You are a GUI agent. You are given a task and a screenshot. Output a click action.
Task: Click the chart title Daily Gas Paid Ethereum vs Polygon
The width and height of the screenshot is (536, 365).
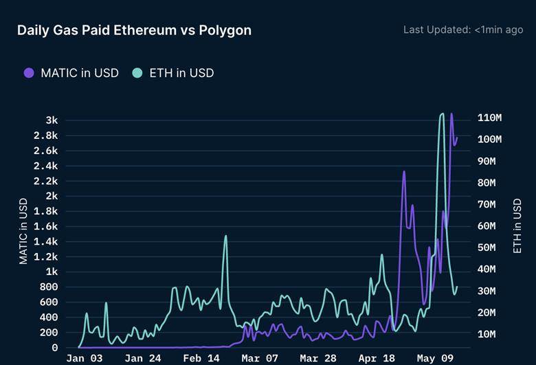pos(134,30)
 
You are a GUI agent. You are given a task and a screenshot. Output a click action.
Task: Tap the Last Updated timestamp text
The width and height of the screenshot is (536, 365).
pos(463,30)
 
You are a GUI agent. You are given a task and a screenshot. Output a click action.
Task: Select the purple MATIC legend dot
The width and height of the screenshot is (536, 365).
pos(29,73)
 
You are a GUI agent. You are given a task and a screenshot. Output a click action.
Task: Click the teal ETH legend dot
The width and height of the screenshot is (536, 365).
pos(137,73)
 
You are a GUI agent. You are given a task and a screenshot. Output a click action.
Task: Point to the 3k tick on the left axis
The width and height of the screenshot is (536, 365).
pos(52,120)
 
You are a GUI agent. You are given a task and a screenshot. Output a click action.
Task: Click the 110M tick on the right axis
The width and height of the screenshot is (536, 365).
pos(489,118)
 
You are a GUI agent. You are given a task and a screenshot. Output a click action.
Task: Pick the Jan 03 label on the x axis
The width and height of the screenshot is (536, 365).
pos(85,358)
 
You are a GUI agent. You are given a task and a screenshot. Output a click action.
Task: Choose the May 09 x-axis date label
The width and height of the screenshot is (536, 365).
pos(435,358)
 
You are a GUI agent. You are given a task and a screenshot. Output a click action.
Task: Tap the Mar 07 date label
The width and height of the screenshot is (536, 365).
pos(260,358)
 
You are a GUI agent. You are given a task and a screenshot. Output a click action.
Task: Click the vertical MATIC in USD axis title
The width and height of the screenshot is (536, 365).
pos(23,231)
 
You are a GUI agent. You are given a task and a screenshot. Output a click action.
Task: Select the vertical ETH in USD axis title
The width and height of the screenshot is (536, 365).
pos(517,225)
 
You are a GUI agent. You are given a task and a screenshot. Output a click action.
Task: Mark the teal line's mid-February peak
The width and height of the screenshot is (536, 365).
pos(225,236)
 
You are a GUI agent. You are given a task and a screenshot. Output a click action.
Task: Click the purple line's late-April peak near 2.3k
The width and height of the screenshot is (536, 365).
pos(404,171)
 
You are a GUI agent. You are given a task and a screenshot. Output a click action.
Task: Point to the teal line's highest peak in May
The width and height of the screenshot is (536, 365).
pos(443,113)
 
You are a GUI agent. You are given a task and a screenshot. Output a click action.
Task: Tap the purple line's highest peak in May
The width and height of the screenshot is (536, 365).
pos(451,113)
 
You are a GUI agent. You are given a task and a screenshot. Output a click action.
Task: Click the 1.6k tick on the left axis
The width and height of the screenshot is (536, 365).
pos(45,226)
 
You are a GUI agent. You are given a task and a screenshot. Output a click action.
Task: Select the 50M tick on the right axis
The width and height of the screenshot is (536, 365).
pos(487,247)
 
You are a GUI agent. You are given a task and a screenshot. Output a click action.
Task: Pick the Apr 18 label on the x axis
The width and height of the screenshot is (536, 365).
pos(377,358)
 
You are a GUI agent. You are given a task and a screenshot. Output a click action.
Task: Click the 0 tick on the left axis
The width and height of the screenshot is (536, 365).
pos(55,348)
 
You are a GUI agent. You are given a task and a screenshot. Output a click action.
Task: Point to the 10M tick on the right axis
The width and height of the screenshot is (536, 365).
pos(487,334)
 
